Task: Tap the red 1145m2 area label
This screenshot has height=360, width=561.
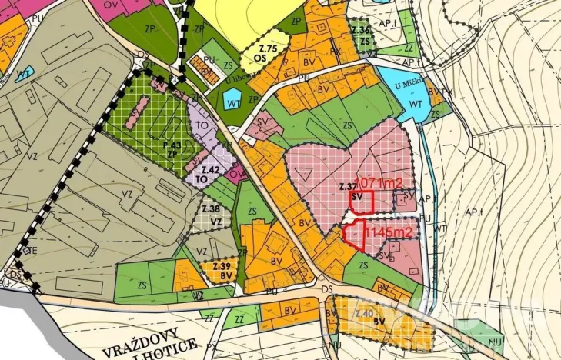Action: tap(388, 231)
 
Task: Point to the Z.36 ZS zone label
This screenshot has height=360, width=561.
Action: tap(362, 35)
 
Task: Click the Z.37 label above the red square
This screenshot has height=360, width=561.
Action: tap(346, 187)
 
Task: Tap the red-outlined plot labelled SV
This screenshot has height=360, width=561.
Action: tap(362, 202)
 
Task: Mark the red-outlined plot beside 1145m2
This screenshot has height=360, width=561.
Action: tap(353, 235)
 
